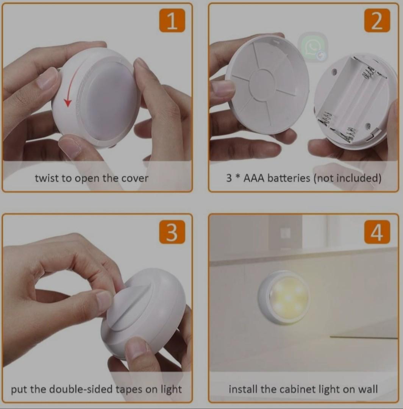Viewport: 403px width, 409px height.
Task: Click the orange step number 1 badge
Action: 172,21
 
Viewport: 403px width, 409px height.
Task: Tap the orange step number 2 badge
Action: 377,21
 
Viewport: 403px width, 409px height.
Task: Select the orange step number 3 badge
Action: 172,232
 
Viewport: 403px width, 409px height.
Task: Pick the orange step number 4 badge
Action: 377,232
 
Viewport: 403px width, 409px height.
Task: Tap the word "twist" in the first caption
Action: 47,178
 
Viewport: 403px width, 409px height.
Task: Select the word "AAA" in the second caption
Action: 254,178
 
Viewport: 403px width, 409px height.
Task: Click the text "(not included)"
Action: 347,178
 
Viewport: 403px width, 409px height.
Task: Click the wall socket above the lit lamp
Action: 285,233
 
